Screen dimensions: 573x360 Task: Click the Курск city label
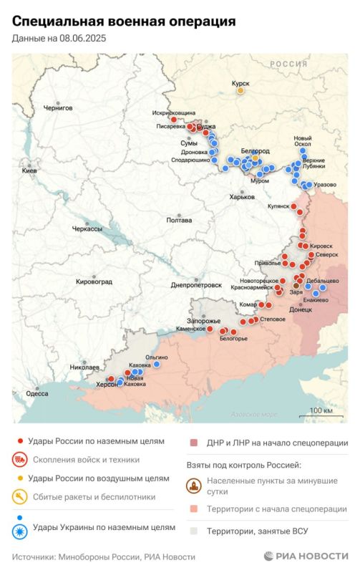point(240,83)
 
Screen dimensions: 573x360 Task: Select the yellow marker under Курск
point(240,91)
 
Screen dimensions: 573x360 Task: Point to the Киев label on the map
point(29,171)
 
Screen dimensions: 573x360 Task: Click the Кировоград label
point(94,281)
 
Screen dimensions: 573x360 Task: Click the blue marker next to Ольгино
point(157,364)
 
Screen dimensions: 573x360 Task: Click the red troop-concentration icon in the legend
point(19,460)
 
